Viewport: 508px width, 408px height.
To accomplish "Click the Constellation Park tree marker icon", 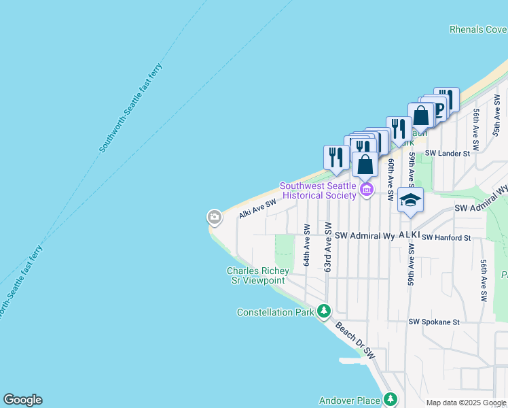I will pyautogui.click(x=324, y=311).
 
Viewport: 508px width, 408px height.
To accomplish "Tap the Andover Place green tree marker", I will pyautogui.click(x=390, y=399).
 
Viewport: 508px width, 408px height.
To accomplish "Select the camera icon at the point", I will pyautogui.click(x=214, y=218).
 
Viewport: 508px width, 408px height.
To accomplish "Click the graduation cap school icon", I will pyautogui.click(x=410, y=200).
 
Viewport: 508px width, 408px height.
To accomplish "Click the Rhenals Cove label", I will pyautogui.click(x=477, y=29).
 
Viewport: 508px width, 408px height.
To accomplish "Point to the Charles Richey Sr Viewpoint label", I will pyautogui.click(x=257, y=275).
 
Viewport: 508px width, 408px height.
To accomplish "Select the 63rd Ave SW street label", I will pyautogui.click(x=328, y=246).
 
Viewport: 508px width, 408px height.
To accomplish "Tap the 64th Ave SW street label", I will pyautogui.click(x=307, y=245).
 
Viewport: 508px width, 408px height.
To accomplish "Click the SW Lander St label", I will pyautogui.click(x=448, y=154).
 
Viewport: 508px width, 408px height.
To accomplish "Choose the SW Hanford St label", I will pyautogui.click(x=446, y=238).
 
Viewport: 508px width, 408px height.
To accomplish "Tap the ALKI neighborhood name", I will pyautogui.click(x=409, y=235).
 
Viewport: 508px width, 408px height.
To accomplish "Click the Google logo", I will pyautogui.click(x=22, y=400).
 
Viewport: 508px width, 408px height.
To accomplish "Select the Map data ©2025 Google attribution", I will pyautogui.click(x=466, y=403).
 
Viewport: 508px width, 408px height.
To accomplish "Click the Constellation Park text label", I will pyautogui.click(x=275, y=313).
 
